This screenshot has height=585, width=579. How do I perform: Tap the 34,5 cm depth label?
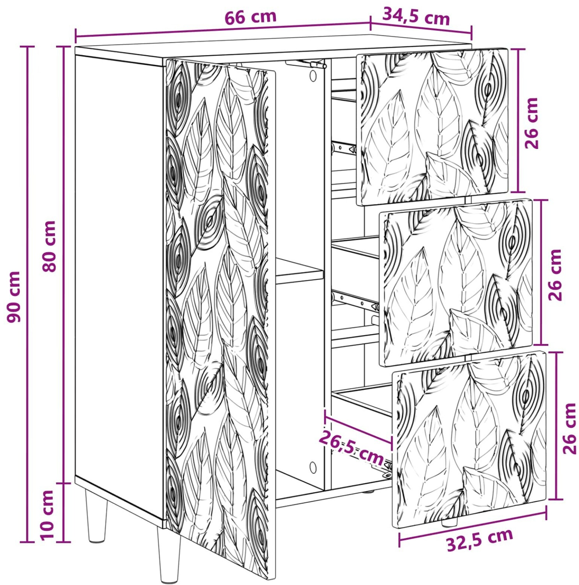pos(416,16)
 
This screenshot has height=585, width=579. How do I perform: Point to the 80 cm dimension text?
pos(49,246)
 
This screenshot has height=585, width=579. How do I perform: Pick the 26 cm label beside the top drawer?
pos(531,123)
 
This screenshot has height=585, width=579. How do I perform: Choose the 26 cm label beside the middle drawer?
pos(555,275)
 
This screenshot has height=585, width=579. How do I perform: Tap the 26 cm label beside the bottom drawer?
pos(569,429)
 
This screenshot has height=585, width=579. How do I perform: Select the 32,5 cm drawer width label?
pos(480,540)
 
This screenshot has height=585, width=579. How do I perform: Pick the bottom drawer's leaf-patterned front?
pos(470,439)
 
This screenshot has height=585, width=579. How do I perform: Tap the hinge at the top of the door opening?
pos(306,64)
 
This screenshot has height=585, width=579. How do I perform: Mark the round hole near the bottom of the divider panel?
pos(313,467)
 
